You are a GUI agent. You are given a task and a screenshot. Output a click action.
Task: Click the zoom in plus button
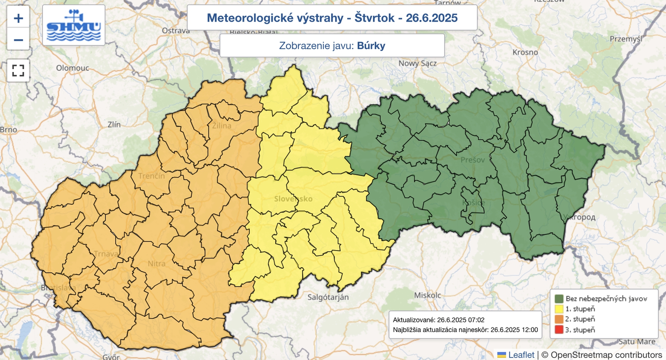18,18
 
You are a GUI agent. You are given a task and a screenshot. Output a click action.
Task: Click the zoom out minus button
18,40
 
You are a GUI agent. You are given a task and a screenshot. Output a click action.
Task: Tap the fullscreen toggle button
18,70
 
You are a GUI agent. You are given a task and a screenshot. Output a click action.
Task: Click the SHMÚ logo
74,25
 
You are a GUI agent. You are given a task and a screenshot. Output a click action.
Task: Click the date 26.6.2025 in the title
432,18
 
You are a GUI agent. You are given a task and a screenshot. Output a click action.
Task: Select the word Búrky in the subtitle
371,45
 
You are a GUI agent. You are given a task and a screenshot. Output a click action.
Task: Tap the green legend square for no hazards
559,298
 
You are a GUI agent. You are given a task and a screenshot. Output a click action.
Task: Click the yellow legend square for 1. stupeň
559,309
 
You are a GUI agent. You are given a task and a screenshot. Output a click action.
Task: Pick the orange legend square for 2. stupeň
559,319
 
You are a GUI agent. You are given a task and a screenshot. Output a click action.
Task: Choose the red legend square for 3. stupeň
559,330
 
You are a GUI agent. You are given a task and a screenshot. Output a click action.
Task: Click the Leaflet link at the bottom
521,355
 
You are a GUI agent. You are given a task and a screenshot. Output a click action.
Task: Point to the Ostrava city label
176,31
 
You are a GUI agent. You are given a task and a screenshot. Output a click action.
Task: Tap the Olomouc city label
72,68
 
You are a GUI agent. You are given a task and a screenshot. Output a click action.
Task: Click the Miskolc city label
427,295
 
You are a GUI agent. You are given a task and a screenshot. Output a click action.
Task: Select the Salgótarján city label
328,297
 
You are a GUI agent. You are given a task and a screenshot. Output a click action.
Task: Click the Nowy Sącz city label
417,63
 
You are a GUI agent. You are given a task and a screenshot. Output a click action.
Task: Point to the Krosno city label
525,52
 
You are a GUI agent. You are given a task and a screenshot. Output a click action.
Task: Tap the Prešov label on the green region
472,160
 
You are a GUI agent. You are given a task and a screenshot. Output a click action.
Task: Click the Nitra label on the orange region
157,263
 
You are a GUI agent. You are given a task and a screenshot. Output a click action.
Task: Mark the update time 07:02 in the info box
476,320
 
